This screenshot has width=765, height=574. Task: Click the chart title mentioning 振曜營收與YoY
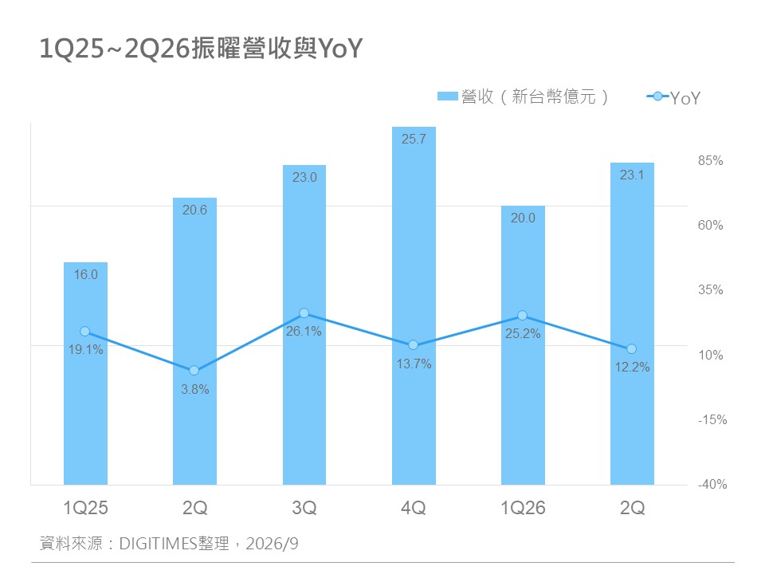201,49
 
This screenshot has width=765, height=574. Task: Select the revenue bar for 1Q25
85,373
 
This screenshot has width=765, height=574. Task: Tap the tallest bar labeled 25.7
414,305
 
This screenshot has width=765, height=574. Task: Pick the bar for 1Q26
523,345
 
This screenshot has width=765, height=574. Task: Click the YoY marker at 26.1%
304,313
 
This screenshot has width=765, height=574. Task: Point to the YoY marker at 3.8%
194,371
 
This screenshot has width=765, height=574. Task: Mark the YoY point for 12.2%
631,349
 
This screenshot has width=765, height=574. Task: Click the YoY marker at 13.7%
414,345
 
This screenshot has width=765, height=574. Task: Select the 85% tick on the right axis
710,160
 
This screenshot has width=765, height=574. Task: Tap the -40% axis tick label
712,484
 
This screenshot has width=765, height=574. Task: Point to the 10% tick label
710,355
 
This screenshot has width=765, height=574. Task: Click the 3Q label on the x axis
304,508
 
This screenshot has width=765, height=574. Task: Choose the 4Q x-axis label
414,508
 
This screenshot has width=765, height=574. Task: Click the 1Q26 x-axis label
523,508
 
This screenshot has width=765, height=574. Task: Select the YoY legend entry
673,97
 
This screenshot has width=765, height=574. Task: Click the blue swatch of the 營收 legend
447,96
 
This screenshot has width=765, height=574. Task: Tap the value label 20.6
194,210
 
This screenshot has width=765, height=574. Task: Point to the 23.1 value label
632,175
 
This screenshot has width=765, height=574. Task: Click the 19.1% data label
86,349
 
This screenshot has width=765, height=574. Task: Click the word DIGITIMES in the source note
158,543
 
